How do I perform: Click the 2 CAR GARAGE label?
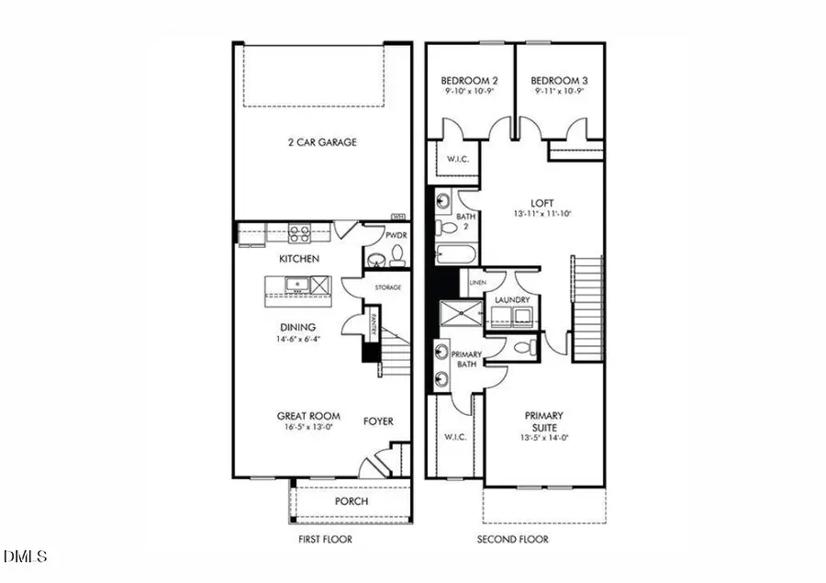coord(320,142)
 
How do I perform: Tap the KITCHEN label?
coord(299,259)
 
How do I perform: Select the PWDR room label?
coord(396,236)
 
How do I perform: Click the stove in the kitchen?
coord(300,233)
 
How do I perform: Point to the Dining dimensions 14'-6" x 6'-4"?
coord(298,339)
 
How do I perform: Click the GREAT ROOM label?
coord(303,417)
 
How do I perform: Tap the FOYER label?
coord(378,421)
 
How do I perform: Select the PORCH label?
coord(352,501)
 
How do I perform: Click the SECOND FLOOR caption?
coord(513,539)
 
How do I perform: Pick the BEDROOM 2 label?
coord(468,82)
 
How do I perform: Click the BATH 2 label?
coord(463,222)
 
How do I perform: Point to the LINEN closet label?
coord(477,282)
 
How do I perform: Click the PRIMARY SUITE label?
coord(545,420)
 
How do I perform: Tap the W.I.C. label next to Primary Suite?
coord(456,437)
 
